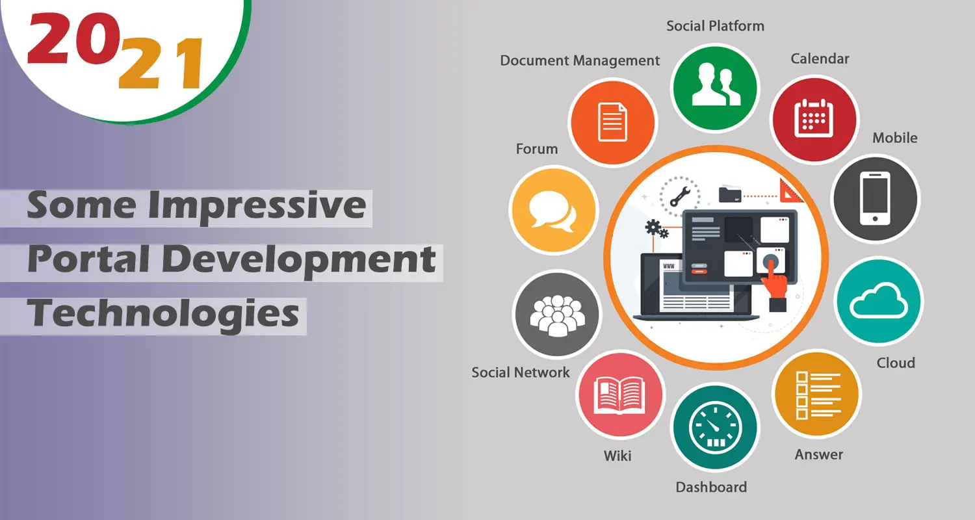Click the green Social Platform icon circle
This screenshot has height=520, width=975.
(x=715, y=88)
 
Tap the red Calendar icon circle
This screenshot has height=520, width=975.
(x=814, y=120)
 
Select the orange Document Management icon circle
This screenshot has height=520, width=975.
(x=613, y=122)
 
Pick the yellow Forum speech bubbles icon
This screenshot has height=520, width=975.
(x=554, y=210)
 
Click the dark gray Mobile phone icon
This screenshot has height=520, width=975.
(x=876, y=198)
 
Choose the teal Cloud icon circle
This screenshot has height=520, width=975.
(x=879, y=301)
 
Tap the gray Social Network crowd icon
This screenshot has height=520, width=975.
(x=557, y=314)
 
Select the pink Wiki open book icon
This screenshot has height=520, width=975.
(x=620, y=395)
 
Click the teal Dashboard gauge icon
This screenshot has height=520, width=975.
(x=715, y=427)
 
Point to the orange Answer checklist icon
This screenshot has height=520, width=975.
(x=816, y=394)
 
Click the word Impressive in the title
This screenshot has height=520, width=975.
(x=257, y=206)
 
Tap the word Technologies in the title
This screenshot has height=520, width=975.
(x=163, y=314)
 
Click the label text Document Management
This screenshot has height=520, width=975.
(x=580, y=60)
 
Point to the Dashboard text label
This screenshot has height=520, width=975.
(x=711, y=487)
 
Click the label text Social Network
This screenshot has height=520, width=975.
(x=521, y=372)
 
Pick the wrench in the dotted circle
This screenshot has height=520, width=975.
(x=679, y=197)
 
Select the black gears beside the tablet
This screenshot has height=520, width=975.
(x=656, y=229)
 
